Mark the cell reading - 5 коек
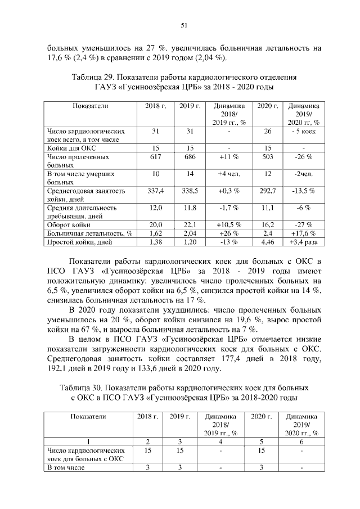304,132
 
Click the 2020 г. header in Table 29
268,106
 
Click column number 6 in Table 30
303,442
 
